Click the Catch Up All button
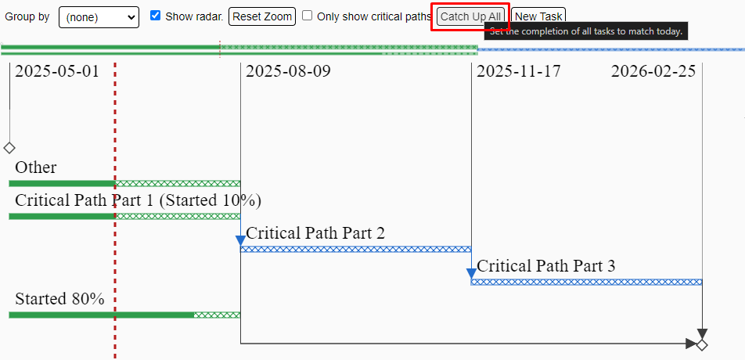[x=470, y=16]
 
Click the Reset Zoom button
[x=262, y=16]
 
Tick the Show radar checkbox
[x=155, y=16]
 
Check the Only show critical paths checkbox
[x=308, y=16]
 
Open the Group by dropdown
[x=99, y=17]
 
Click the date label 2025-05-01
[x=57, y=72]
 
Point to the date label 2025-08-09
[x=288, y=72]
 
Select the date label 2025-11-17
[x=519, y=72]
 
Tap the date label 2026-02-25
[x=653, y=72]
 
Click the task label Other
[x=36, y=167]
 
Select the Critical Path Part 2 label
[x=315, y=233]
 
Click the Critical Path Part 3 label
[x=546, y=266]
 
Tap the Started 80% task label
[x=59, y=299]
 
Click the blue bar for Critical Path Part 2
[x=356, y=250]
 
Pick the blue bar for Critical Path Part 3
[x=586, y=282]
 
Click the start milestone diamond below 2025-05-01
[x=9, y=148]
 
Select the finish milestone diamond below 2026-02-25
[x=702, y=345]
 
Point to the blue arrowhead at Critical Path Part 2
[x=241, y=241]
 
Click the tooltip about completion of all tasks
[x=586, y=32]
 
